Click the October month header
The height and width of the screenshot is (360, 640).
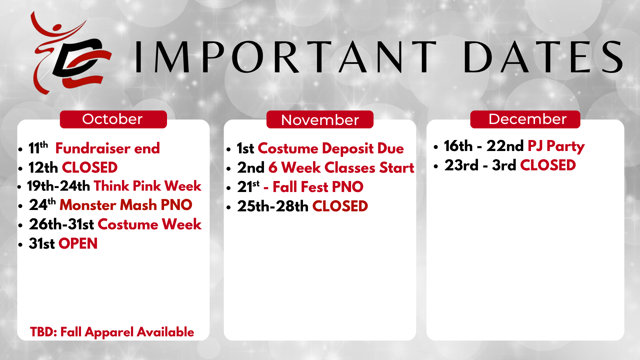pyautogui.click(x=113, y=119)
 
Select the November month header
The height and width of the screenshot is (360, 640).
pyautogui.click(x=320, y=119)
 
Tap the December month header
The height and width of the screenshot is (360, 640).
pyautogui.click(x=525, y=119)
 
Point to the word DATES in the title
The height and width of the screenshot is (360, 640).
pyautogui.click(x=543, y=57)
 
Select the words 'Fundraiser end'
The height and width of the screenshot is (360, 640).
pyautogui.click(x=107, y=148)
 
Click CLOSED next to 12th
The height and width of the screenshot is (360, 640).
pyautogui.click(x=90, y=168)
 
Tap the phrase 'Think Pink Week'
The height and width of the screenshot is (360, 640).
pyautogui.click(x=147, y=186)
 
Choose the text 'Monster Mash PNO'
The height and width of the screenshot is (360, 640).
pyautogui.click(x=126, y=205)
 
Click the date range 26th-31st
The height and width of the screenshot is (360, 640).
pyautogui.click(x=61, y=224)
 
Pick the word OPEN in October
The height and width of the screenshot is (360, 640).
pyautogui.click(x=78, y=244)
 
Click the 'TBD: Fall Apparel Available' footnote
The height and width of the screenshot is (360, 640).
pyautogui.click(x=112, y=332)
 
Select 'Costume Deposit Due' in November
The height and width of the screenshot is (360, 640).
pyautogui.click(x=331, y=148)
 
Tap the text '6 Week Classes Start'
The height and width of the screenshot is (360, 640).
pyautogui.click(x=341, y=168)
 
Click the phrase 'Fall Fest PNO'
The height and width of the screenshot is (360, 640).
pyautogui.click(x=318, y=187)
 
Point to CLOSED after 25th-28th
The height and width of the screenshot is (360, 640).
pyautogui.click(x=340, y=206)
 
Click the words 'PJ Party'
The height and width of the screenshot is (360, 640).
pyautogui.click(x=556, y=146)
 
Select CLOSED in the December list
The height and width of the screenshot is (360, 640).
pyautogui.click(x=548, y=165)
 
